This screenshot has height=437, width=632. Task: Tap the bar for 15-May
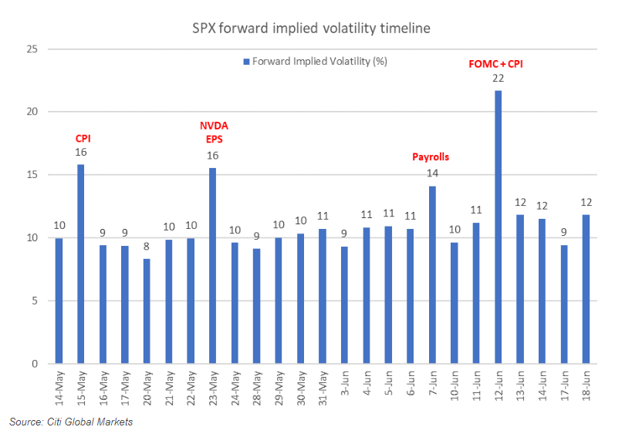point(80,264)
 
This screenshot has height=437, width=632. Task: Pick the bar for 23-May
point(212,266)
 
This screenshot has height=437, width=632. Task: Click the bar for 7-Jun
point(432,274)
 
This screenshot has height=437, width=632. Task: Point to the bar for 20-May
point(147,311)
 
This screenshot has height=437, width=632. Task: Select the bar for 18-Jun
point(586,289)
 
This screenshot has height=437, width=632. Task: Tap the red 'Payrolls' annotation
point(431,157)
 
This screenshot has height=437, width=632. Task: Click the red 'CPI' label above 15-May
point(82,139)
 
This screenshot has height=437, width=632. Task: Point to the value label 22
point(498,79)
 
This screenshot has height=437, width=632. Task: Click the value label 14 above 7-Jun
point(432,173)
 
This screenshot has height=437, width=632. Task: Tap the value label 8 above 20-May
point(147,247)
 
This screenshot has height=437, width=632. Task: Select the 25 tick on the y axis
point(32,49)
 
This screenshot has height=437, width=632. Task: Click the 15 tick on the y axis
point(32,175)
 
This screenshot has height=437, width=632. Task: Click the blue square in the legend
point(246,61)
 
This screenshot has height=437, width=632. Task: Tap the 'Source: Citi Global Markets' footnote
point(71,422)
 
